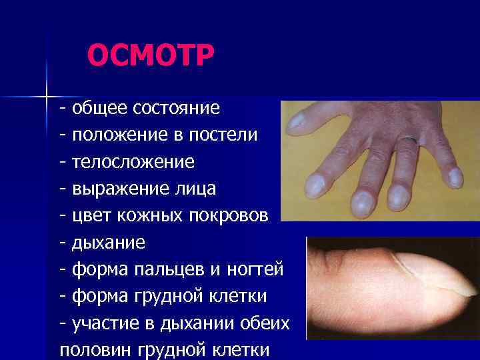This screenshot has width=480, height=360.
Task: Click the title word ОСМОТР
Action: pyautogui.click(x=151, y=56)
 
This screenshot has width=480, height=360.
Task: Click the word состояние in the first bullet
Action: pyautogui.click(x=178, y=107)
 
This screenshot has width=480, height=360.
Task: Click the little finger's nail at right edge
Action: pyautogui.click(x=455, y=177)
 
